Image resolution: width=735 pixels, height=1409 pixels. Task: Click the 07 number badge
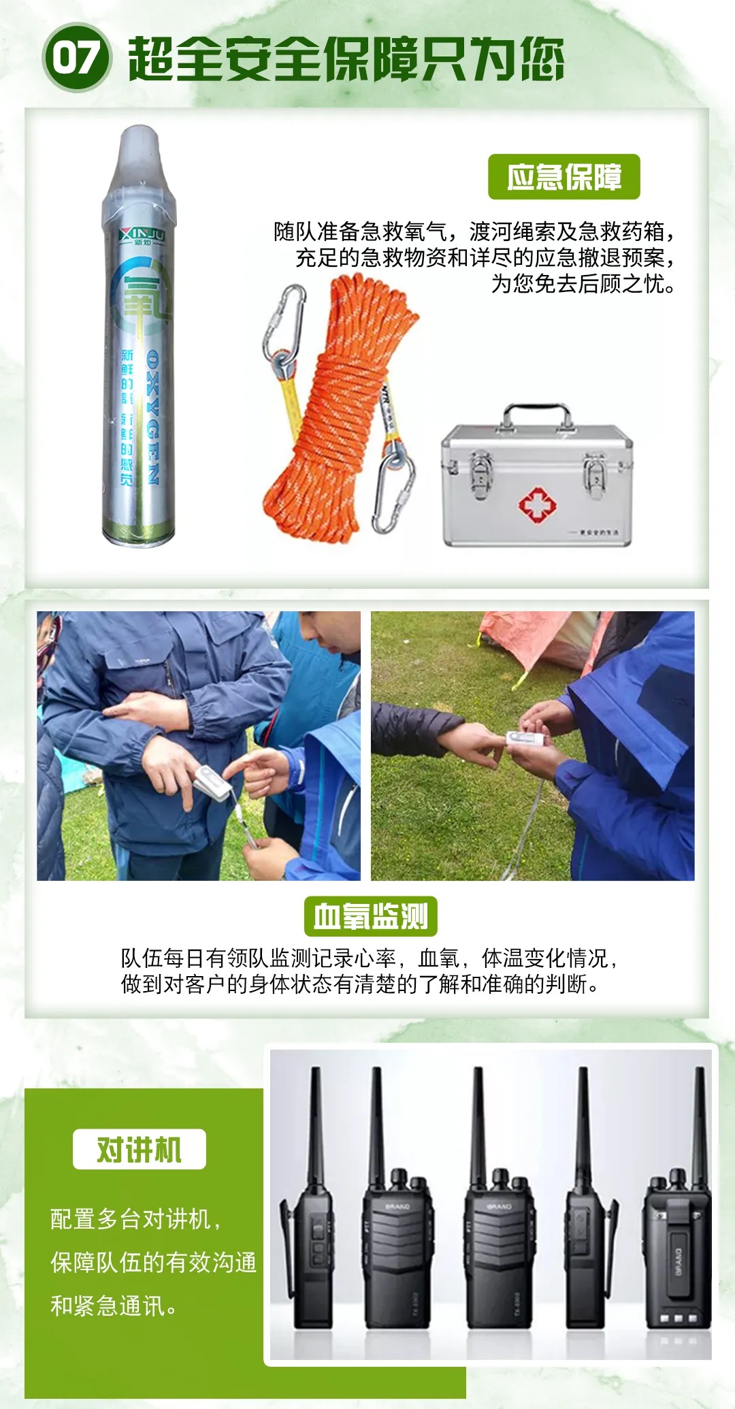76,57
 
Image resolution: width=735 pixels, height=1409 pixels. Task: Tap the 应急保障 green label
563,177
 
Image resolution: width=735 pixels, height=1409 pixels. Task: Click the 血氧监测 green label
370,916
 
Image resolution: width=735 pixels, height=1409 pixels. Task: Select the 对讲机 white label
139,1150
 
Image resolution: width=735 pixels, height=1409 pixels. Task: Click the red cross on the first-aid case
537,504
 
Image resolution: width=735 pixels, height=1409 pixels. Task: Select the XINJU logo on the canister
142,236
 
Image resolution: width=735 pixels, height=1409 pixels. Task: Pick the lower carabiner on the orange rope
394,487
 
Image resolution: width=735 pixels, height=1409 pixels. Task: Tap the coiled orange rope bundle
340,408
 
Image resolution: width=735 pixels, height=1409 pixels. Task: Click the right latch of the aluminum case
595,469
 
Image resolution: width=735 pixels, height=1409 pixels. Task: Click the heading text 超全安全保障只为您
346,59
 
